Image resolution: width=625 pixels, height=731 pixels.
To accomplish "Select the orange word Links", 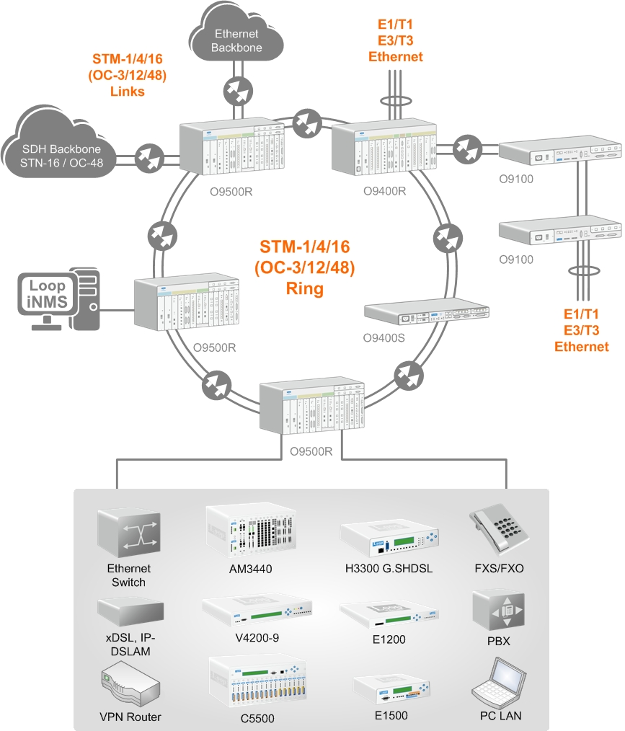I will pos(127,92).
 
